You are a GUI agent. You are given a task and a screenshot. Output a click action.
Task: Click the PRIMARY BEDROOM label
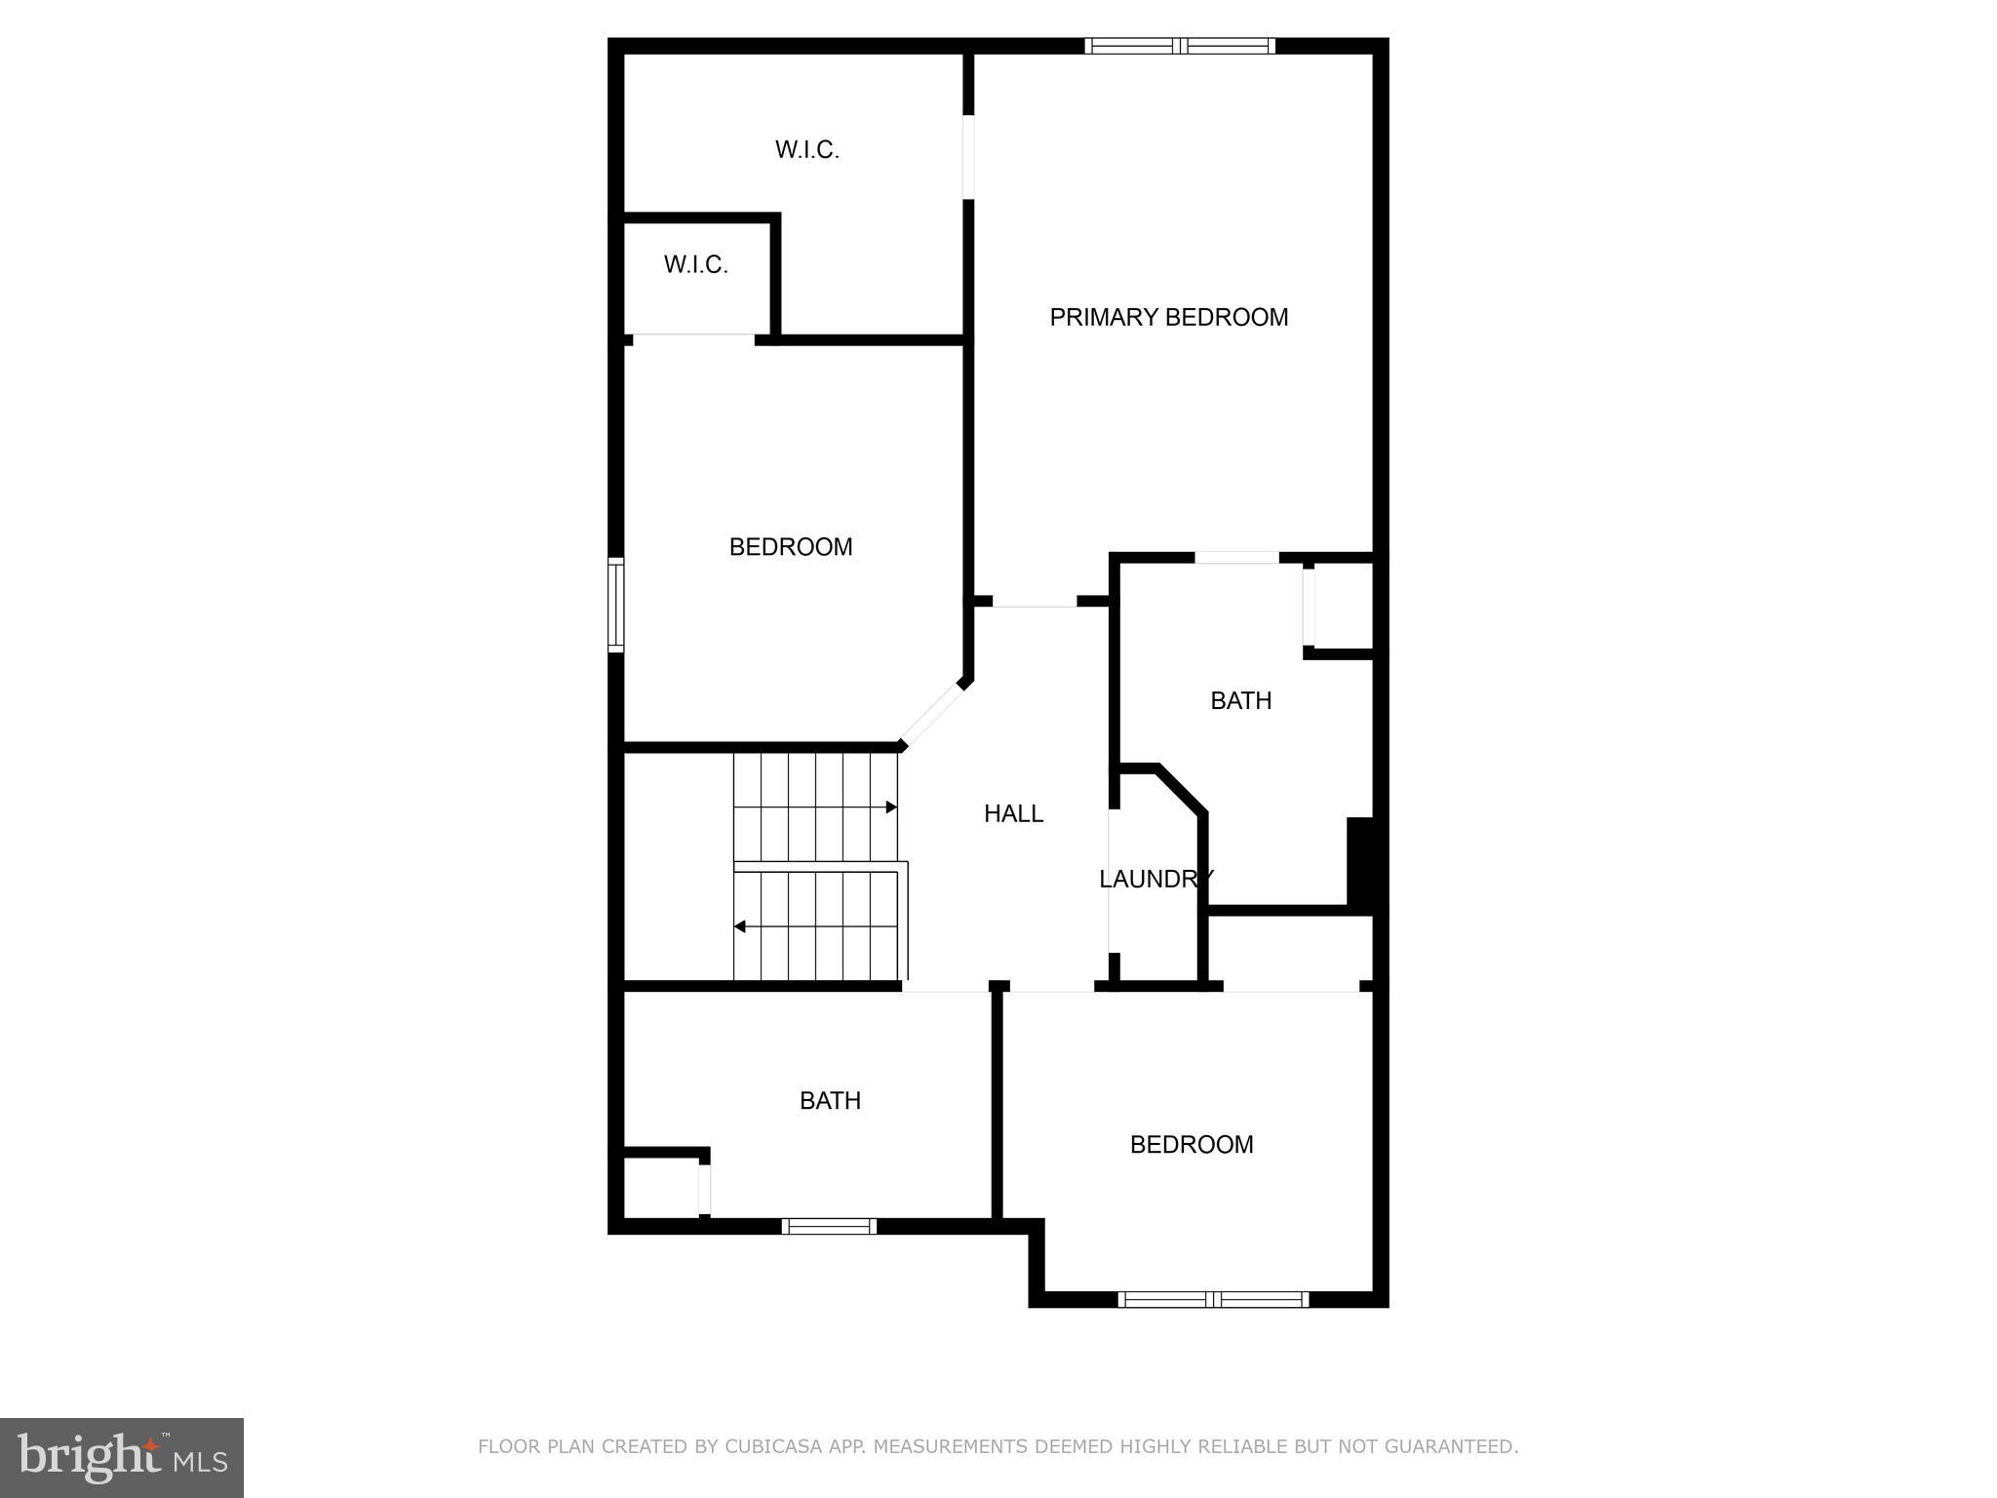pos(1168,317)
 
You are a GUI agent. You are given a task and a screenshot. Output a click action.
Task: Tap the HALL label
pos(1013,813)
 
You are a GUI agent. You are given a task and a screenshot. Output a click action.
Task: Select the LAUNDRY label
pos(1155,879)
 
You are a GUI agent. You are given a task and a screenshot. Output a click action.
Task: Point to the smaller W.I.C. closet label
pos(695,264)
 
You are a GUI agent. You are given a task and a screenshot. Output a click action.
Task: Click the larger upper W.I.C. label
pos(806,149)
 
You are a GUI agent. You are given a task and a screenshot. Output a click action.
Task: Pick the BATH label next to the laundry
pos(1240,700)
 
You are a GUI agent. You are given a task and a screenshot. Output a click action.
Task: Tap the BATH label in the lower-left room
pos(830,1100)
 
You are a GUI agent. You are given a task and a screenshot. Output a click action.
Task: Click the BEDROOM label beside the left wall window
pos(791,547)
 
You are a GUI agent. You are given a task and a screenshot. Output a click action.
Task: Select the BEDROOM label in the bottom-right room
pos(1191,1144)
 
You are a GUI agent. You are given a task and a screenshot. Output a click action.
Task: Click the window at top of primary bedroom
pos(1180,45)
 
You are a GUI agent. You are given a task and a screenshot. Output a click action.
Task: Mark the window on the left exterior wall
pos(615,604)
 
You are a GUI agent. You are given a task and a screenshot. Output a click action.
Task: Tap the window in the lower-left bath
pos(829,1226)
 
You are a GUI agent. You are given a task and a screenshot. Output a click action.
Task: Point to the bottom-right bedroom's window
pos(1213,1298)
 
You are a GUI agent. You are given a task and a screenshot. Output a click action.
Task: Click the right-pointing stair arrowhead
pos(891,808)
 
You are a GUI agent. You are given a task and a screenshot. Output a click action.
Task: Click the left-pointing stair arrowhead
pos(740,926)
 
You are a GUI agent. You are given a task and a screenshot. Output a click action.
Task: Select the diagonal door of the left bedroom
pos(931,715)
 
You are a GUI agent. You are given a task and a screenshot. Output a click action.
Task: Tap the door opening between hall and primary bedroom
pos(1034,603)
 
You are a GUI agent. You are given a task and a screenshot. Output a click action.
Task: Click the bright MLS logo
pos(122,1457)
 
